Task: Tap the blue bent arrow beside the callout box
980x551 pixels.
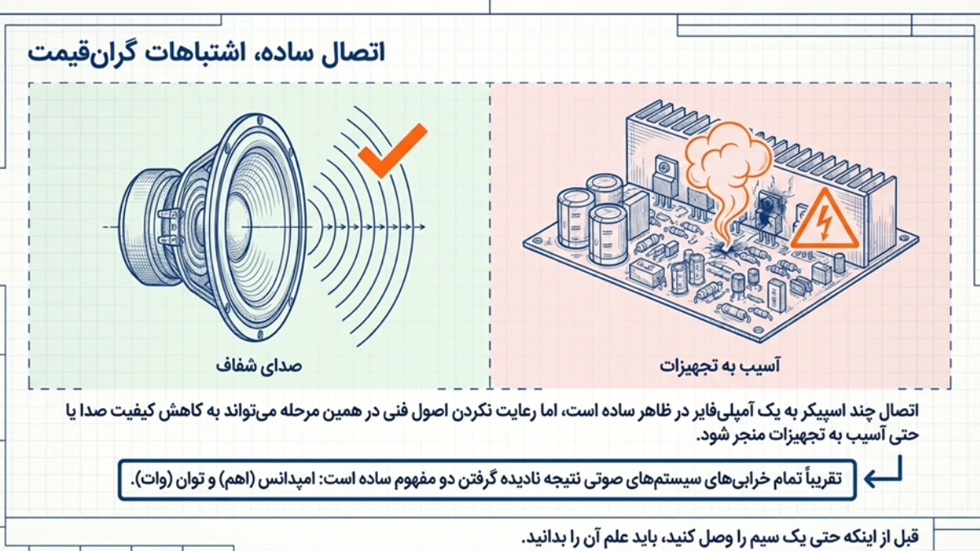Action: point(884,474)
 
